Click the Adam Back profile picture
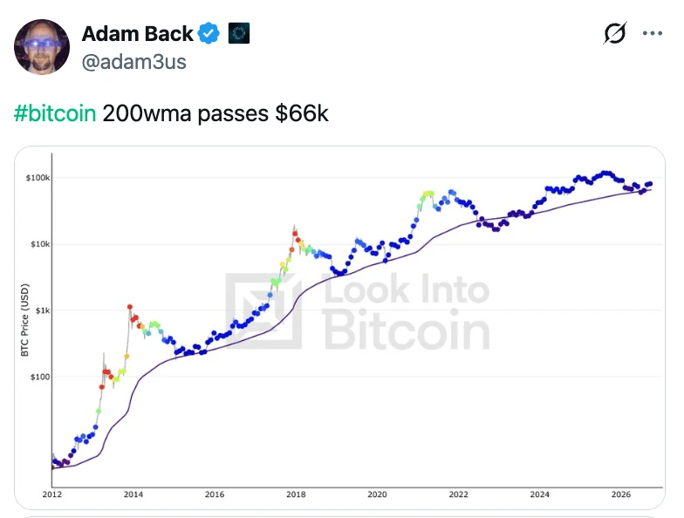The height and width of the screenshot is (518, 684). (42, 47)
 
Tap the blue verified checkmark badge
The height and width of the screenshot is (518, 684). (209, 33)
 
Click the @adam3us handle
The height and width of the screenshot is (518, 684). (134, 62)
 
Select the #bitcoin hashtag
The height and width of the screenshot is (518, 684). (55, 113)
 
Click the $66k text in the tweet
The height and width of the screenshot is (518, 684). (302, 113)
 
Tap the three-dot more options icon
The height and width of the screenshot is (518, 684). (653, 33)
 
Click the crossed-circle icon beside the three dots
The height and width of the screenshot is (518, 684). (615, 33)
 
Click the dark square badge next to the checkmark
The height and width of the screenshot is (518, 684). (239, 33)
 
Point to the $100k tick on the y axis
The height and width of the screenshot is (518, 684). (38, 178)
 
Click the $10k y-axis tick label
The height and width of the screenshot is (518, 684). (40, 244)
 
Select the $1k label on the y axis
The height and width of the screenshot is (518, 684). (43, 310)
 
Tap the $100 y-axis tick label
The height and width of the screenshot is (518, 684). (40, 377)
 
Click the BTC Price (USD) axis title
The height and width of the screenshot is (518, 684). (24, 320)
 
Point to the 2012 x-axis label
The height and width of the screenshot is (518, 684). (52, 494)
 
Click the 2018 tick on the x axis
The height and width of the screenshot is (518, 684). (296, 494)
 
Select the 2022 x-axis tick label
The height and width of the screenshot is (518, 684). (459, 494)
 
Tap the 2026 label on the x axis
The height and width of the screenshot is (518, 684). (621, 494)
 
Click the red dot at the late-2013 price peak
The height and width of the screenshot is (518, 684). (129, 307)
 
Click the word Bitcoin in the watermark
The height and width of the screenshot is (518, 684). (407, 330)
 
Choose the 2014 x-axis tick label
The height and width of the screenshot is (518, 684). (133, 494)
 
